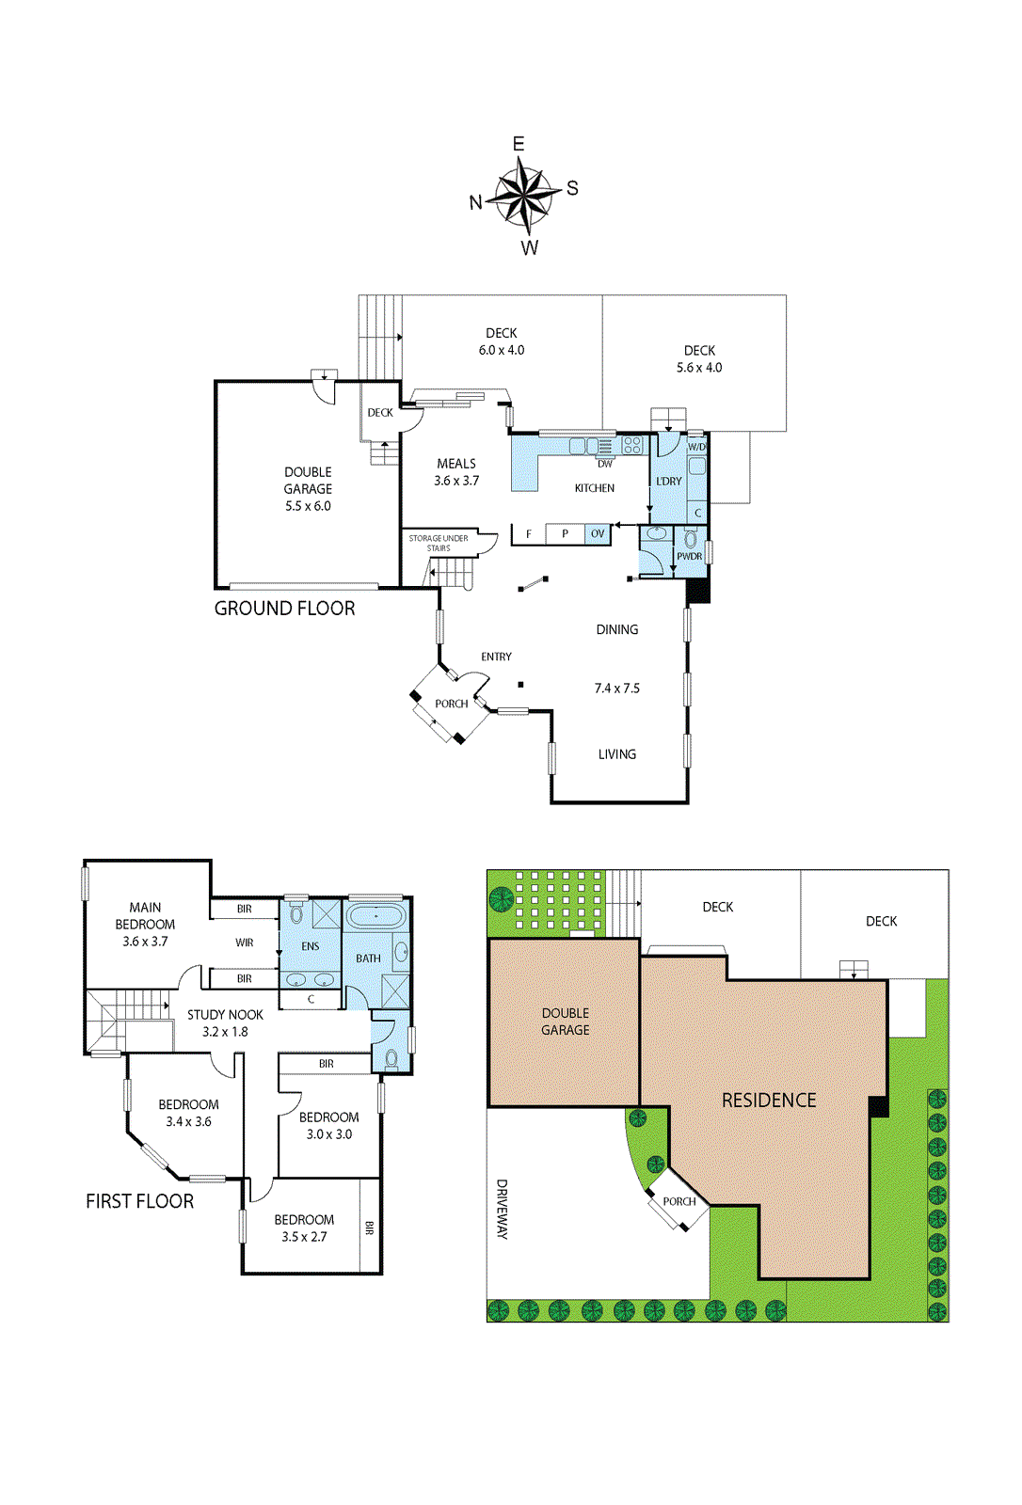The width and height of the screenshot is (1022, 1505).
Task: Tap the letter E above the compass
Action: tap(519, 144)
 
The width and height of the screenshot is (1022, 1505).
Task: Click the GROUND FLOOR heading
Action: tap(284, 609)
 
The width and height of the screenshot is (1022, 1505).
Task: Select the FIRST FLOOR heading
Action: tap(140, 1201)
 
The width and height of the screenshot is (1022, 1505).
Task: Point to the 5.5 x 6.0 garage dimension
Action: tap(308, 506)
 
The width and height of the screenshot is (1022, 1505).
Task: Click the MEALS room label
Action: tap(456, 464)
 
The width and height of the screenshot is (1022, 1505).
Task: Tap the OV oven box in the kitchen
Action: tap(598, 533)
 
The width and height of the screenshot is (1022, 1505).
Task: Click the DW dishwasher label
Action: tap(605, 464)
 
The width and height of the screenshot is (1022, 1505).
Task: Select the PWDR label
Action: tap(689, 556)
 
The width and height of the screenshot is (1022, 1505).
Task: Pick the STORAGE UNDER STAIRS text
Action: tap(439, 543)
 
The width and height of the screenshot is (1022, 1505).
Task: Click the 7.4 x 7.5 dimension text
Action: tap(617, 688)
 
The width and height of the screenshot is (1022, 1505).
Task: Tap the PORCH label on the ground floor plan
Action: tap(451, 704)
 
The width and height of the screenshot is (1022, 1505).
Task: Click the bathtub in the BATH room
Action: tap(375, 916)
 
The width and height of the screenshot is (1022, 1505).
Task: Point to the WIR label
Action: tap(245, 943)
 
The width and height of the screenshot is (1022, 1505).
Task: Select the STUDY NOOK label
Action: tap(225, 1015)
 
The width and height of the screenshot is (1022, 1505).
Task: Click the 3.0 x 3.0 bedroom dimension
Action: tap(329, 1134)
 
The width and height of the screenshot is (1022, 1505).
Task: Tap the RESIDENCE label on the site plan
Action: tap(769, 1101)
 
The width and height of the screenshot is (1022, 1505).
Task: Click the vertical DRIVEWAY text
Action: tap(503, 1210)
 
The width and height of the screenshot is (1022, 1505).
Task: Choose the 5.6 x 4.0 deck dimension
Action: tap(699, 368)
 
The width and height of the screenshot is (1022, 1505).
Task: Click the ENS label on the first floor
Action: tap(310, 946)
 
